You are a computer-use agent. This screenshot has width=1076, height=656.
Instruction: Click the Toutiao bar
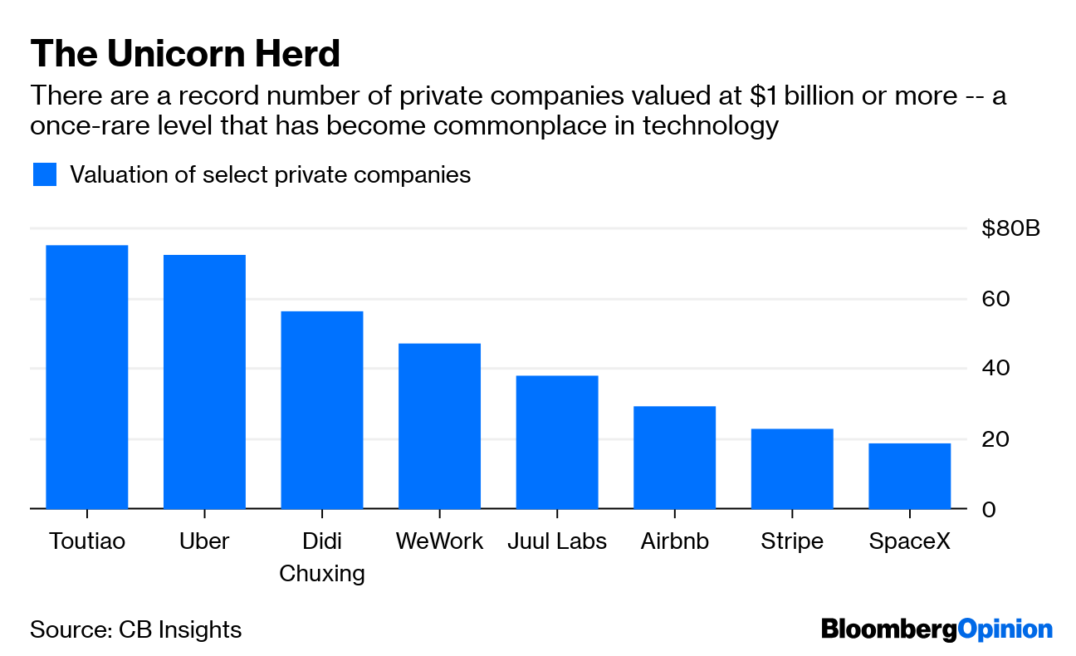coord(87,377)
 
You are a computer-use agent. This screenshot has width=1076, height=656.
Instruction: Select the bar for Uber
coord(204,382)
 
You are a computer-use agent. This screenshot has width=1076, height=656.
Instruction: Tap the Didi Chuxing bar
coord(322,410)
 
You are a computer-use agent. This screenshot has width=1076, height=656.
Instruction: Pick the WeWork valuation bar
coord(439,426)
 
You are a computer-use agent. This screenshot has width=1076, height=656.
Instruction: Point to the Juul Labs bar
coord(557,442)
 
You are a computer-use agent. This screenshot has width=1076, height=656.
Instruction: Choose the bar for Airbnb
coord(674,458)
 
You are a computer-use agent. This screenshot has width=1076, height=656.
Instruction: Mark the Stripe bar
coord(792,468)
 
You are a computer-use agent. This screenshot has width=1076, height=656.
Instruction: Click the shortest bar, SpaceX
coord(910,476)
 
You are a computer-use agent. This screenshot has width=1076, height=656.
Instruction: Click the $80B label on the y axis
coord(1010,228)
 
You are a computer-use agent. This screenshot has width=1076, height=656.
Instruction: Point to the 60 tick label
coord(995,299)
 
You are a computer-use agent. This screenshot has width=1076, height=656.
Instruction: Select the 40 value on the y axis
coord(995,368)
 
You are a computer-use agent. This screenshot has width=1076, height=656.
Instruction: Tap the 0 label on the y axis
coord(989,510)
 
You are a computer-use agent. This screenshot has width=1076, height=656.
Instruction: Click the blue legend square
coord(45,174)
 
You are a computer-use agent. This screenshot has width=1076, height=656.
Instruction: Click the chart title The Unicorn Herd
coord(185,53)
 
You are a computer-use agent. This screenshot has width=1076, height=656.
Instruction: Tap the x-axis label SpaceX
coord(910,541)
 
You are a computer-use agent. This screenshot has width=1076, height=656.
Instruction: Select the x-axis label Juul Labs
coord(557,541)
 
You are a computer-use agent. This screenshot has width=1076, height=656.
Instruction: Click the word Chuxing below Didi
coord(322,573)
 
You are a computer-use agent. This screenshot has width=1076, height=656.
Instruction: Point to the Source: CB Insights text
coord(135,629)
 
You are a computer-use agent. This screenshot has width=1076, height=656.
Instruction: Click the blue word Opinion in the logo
coord(1005,630)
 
